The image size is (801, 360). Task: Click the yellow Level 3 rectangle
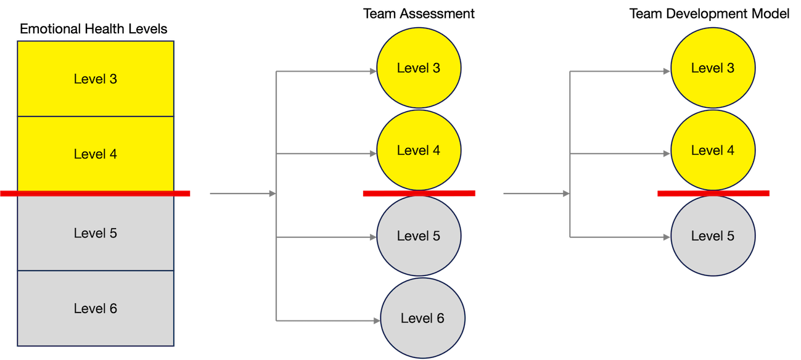96,79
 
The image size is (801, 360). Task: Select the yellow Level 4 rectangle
96,153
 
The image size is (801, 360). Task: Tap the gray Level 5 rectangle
96,233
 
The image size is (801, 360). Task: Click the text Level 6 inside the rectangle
96,308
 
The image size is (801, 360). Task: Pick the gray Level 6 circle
422,318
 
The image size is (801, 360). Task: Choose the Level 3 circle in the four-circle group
419,68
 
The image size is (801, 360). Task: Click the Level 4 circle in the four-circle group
419,150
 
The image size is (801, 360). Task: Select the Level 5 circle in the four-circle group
419,236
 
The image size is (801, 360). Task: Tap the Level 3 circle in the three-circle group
713,68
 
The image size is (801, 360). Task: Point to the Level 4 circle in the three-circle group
713,150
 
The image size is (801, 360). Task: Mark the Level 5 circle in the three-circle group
713,236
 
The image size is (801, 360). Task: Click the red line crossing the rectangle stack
96,194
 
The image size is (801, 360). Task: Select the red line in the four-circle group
419,194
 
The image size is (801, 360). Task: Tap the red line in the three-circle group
713,194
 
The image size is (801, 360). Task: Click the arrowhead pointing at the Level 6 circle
376,321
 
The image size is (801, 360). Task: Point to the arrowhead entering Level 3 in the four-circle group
373,72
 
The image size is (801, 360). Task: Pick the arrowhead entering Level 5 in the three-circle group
667,236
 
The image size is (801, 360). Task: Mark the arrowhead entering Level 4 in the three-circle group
667,153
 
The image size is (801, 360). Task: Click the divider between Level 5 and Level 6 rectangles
96,271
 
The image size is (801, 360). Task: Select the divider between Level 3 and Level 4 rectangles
96,116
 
